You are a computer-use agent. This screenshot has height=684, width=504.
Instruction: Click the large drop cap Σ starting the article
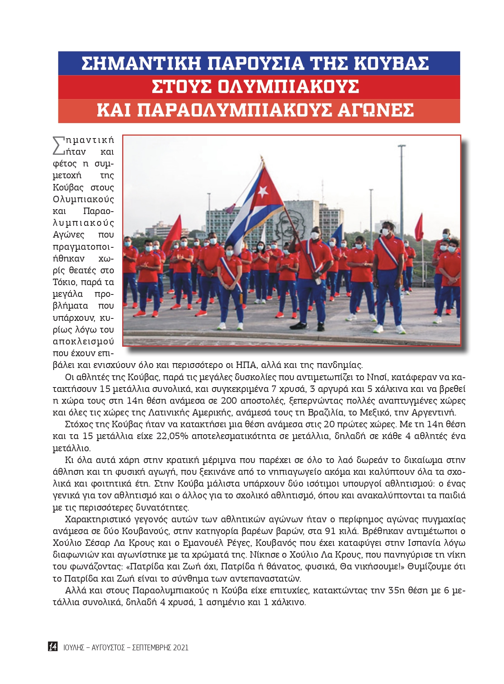[59, 145]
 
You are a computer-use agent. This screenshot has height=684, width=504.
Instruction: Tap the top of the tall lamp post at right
[401, 146]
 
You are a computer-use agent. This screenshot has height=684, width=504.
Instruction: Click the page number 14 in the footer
[53, 647]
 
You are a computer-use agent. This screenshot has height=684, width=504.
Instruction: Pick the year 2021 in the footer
[181, 647]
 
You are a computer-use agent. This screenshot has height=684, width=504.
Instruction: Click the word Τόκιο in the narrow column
[64, 282]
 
